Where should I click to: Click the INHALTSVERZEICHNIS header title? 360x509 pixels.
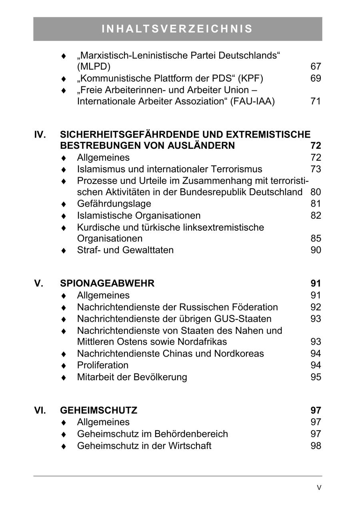click(178, 29)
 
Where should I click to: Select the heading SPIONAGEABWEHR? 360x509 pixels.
click(107, 283)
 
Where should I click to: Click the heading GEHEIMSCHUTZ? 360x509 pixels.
click(98, 410)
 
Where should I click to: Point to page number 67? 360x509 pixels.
click(316, 66)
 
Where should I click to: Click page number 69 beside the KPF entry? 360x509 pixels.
click(316, 78)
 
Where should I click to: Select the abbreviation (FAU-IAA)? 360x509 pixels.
click(252, 102)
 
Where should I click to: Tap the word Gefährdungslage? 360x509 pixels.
click(114, 204)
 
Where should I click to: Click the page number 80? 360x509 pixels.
click(316, 192)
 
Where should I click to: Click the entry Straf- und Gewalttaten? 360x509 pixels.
click(125, 250)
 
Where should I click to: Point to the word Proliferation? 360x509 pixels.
click(103, 365)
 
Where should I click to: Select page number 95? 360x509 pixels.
click(316, 377)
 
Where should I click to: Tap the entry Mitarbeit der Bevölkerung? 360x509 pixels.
click(132, 377)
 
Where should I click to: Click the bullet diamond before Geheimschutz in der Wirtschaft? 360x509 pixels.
click(63, 446)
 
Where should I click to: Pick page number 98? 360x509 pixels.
click(316, 445)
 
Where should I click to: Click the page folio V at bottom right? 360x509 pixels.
click(319, 487)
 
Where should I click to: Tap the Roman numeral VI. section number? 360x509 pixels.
click(40, 410)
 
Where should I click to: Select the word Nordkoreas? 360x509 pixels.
click(239, 353)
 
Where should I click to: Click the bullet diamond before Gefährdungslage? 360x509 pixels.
click(63, 204)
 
